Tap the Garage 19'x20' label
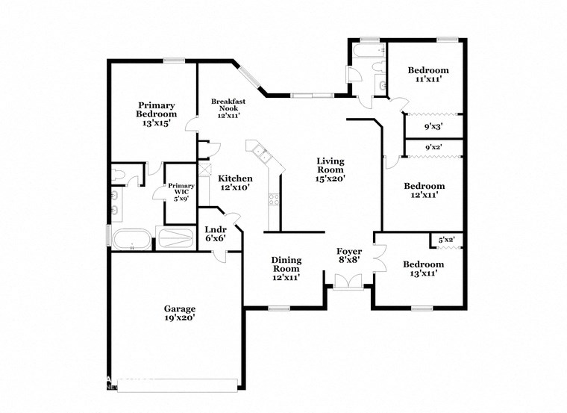pos(179,313)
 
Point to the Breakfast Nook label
pos(228,108)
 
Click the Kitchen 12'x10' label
pos(235,183)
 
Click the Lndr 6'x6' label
pos(217,235)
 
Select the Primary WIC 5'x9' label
pos(181,191)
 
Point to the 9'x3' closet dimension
pos(433,126)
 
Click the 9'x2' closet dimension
pos(433,148)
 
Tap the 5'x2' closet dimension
pos(446,240)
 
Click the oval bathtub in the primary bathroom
pos(131,239)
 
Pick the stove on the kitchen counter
pos(274,199)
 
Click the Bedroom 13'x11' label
pos(423,269)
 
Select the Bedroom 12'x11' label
pos(423,190)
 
